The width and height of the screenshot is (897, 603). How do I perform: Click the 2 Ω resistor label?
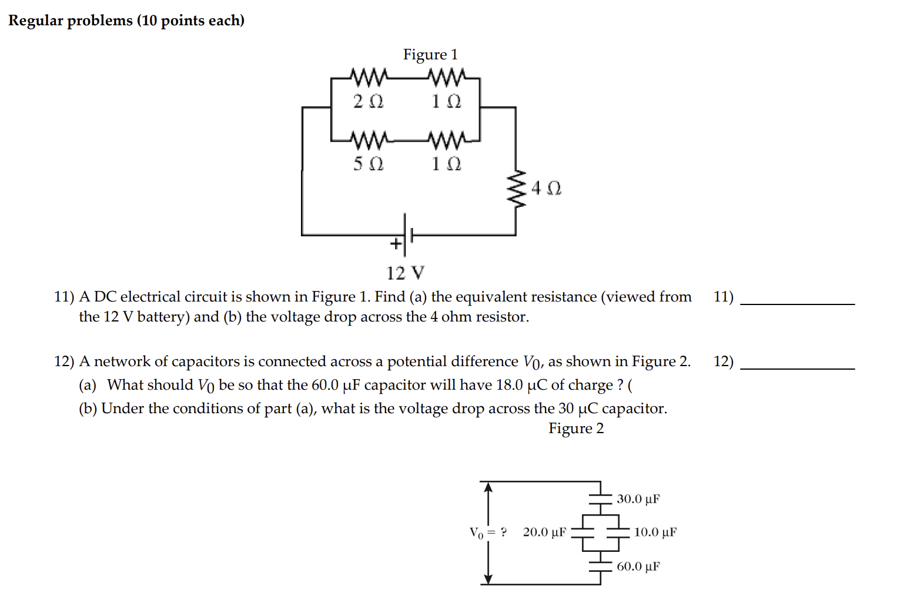click(x=368, y=102)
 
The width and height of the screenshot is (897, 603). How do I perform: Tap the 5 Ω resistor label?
click(x=368, y=163)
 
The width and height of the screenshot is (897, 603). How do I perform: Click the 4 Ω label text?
click(x=546, y=188)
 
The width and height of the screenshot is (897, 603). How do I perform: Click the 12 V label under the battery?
click(x=405, y=273)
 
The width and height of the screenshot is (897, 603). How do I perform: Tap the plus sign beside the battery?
click(x=396, y=243)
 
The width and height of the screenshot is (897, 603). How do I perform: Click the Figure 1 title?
click(x=430, y=55)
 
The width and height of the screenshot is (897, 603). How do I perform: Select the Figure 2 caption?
click(x=575, y=428)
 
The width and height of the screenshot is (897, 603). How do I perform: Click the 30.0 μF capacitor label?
click(x=638, y=499)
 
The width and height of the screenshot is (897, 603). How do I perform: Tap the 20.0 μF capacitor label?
click(x=544, y=532)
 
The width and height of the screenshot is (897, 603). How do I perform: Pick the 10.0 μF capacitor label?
click(x=655, y=532)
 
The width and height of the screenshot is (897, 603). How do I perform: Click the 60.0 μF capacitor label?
click(x=638, y=567)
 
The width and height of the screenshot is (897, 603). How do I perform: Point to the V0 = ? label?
click(x=487, y=533)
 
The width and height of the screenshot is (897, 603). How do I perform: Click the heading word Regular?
click(x=35, y=21)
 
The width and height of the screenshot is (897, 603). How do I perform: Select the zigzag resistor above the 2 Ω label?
click(x=369, y=77)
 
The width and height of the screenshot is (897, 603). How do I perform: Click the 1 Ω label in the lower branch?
click(x=446, y=163)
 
